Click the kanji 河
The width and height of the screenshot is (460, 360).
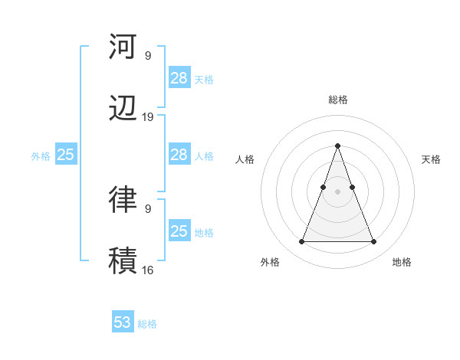(x=123, y=47)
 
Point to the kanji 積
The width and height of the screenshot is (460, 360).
(x=123, y=260)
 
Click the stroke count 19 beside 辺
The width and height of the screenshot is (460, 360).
(x=148, y=117)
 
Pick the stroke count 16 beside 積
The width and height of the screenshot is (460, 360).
(x=148, y=270)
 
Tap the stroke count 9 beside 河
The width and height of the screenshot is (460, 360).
(x=148, y=55)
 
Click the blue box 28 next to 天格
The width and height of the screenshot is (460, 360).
(x=179, y=77)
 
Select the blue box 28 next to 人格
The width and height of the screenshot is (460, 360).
(x=179, y=155)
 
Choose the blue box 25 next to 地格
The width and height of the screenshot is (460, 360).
(x=179, y=231)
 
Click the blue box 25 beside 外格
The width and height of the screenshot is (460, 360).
(x=66, y=155)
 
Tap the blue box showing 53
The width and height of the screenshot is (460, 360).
(x=123, y=322)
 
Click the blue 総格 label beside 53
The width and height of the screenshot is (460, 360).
(x=147, y=324)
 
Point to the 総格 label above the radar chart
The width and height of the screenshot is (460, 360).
(x=338, y=100)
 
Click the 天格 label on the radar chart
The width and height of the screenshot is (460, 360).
(x=431, y=159)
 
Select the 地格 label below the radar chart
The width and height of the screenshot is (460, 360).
(x=402, y=262)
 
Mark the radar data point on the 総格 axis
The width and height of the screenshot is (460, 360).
(x=338, y=146)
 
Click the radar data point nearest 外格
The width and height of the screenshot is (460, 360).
(x=301, y=242)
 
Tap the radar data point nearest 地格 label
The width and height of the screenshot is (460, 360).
(x=374, y=242)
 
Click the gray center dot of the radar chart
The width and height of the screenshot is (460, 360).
(x=338, y=191)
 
